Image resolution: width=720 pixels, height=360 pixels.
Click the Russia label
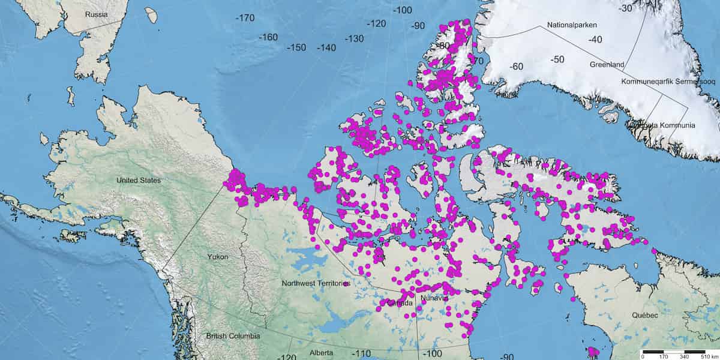[97, 14]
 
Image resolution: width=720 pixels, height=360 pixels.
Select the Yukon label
[217, 257]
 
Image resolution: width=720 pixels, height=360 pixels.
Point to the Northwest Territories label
[316, 283]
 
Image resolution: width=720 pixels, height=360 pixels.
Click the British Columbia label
[233, 337]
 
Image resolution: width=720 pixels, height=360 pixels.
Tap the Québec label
[644, 316]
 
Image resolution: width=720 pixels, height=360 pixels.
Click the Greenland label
[607, 64]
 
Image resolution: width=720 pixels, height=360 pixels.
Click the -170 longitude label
[245, 18]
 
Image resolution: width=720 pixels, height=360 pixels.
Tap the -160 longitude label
[268, 37]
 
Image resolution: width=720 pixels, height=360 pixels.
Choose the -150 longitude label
[296, 47]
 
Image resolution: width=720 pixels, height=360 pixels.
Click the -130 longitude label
[354, 39]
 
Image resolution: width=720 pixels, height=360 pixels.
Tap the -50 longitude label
[559, 59]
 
